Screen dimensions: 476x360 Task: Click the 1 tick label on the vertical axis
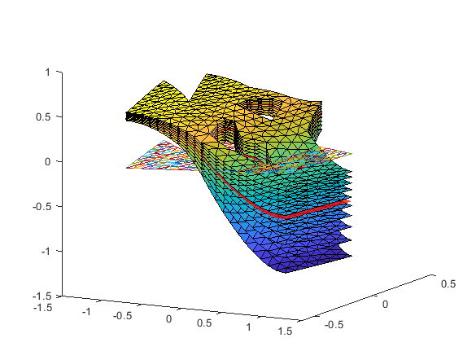coord(48,72)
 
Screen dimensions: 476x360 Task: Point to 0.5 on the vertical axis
coord(43,117)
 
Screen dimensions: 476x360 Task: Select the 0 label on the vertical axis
coord(47,162)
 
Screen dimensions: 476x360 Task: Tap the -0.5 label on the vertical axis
coord(41,207)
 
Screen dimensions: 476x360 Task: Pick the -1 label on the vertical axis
coord(45,251)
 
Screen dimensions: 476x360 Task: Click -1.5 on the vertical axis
coord(41,296)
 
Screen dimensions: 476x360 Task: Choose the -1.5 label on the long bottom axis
coord(43,307)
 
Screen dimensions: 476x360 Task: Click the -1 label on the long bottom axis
coord(86,312)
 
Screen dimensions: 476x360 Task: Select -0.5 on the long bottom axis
coord(123,316)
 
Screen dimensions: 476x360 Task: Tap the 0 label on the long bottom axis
coord(168,319)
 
